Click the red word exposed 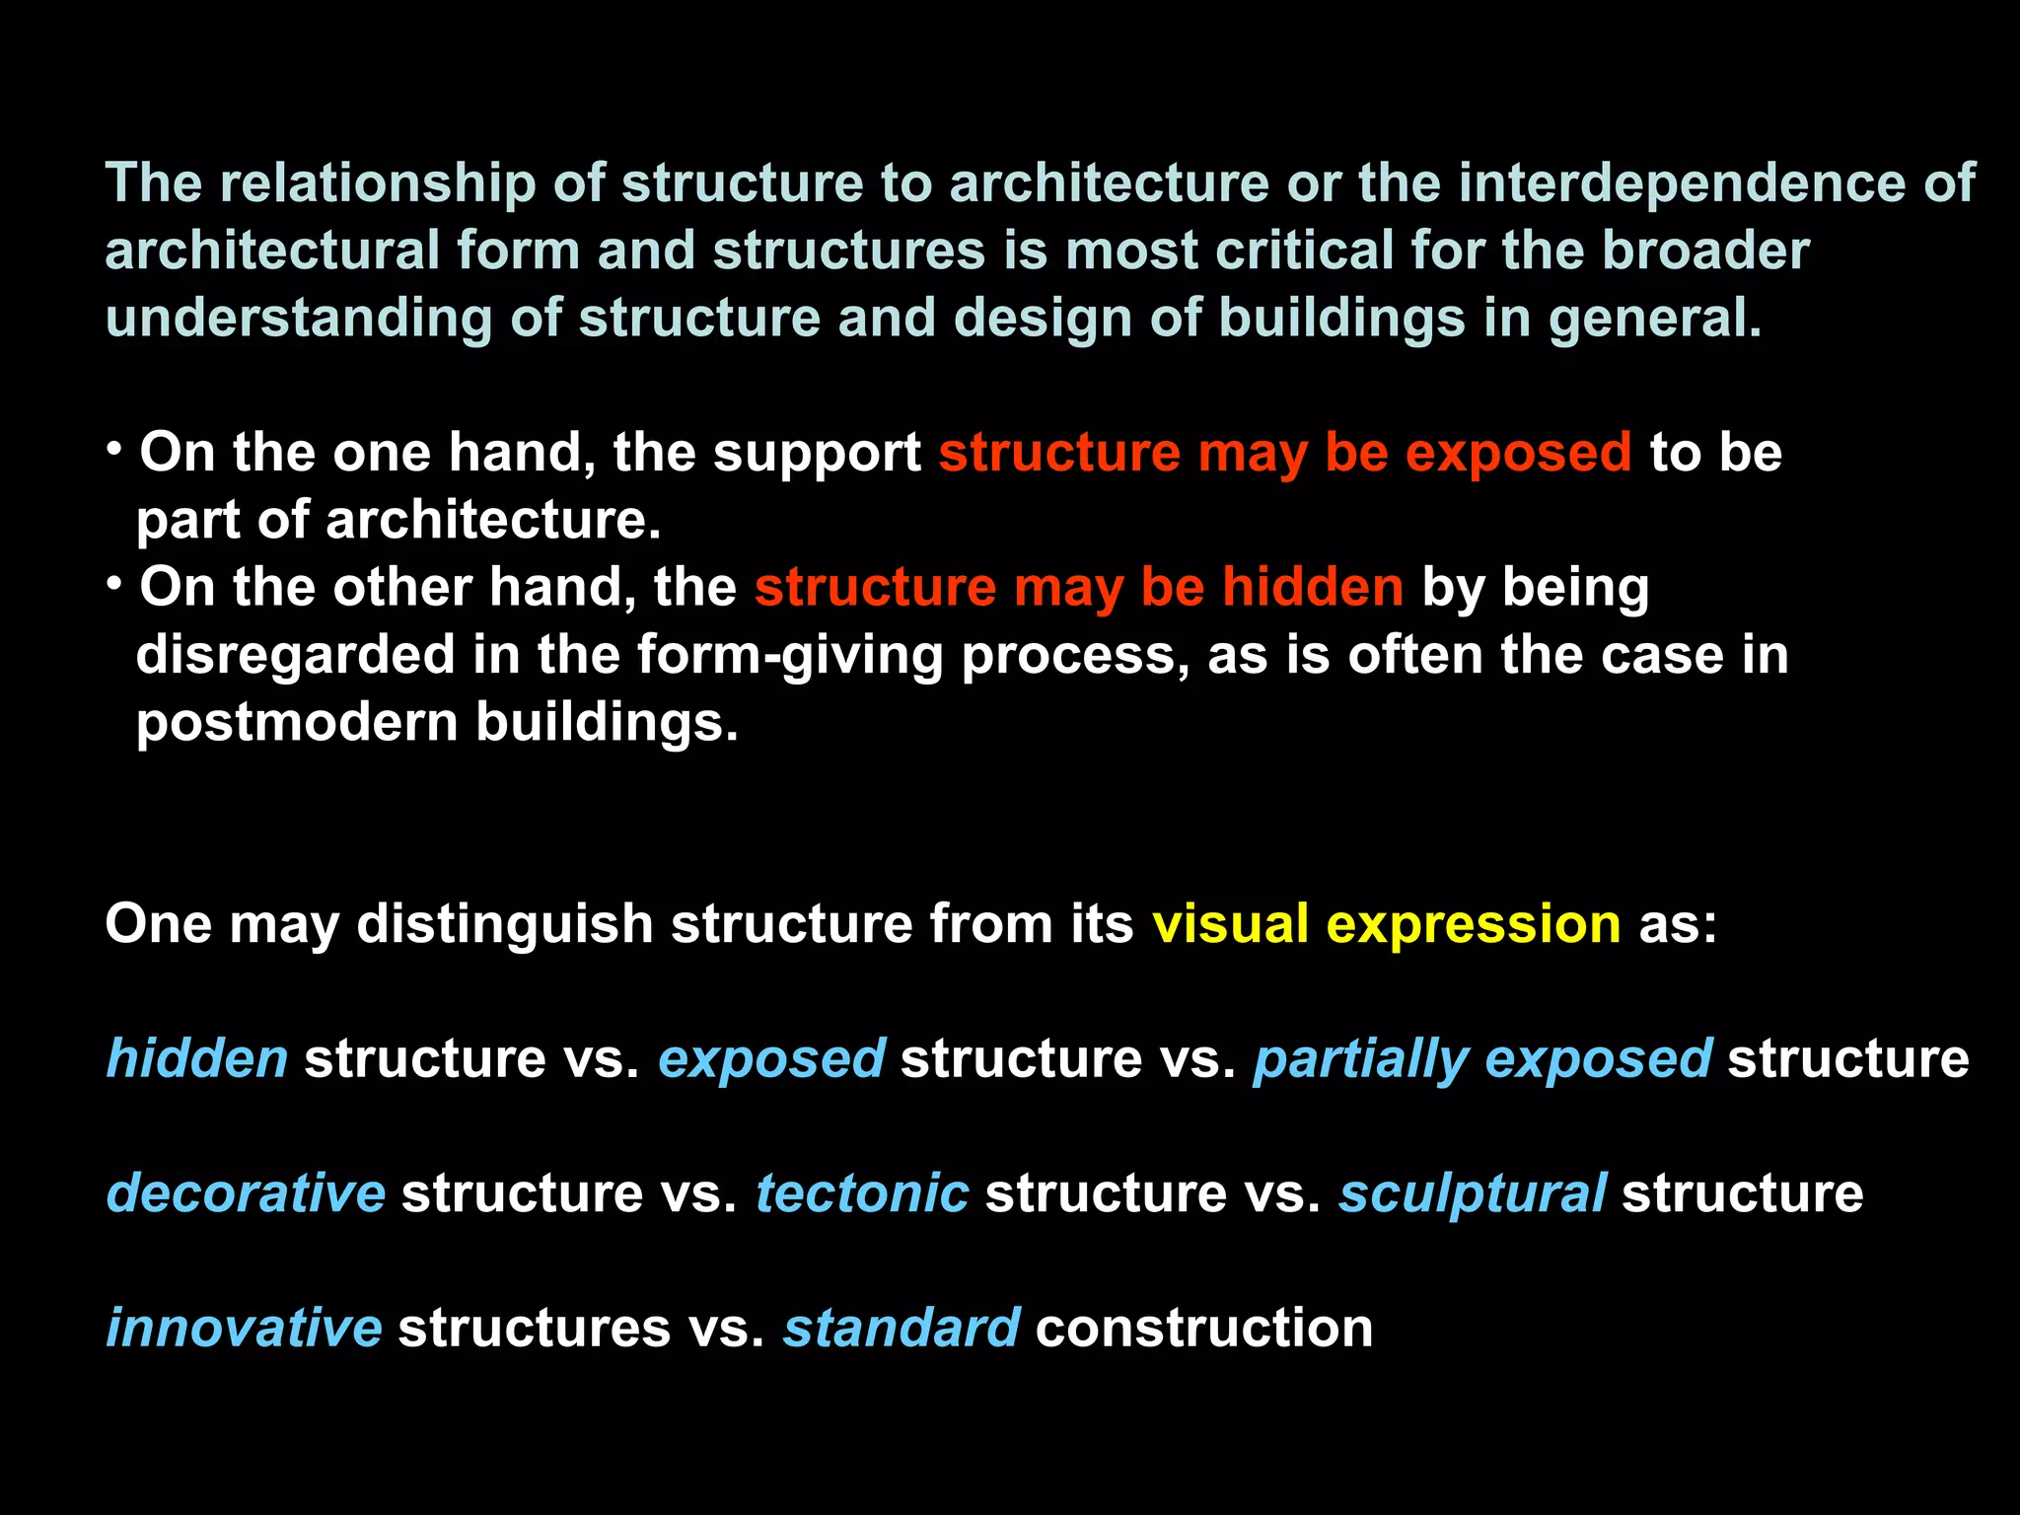pos(1518,453)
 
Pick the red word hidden pos(1313,587)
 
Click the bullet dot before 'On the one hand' pos(115,450)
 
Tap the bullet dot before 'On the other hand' pos(115,584)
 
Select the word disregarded pos(295,655)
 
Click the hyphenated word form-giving pos(790,655)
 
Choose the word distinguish pos(505,924)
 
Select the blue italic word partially pos(1361,1059)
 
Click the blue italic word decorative pos(246,1193)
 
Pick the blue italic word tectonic pos(862,1193)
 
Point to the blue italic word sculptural pos(1473,1193)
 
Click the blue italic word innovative pos(244,1328)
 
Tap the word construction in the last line pos(1204,1328)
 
